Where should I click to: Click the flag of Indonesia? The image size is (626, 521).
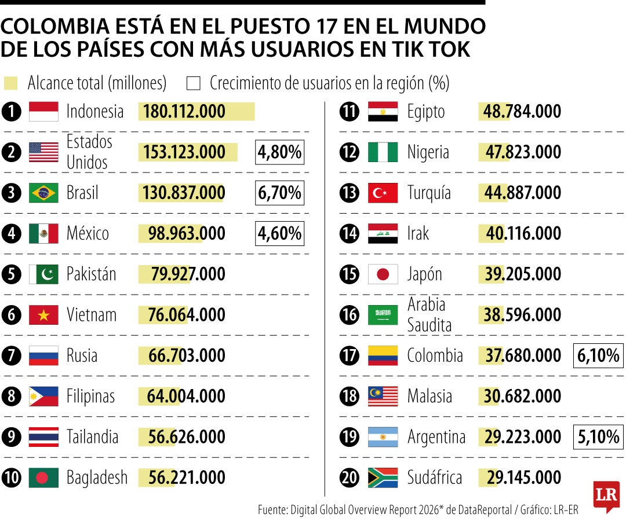pyautogui.click(x=43, y=111)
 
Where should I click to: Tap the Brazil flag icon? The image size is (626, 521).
pyautogui.click(x=43, y=193)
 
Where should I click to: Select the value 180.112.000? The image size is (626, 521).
pyautogui.click(x=184, y=111)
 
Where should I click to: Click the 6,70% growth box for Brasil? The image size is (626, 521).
pyautogui.click(x=280, y=193)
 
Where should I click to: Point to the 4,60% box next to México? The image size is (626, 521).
pyautogui.click(x=280, y=233)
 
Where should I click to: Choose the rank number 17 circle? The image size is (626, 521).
pyautogui.click(x=350, y=355)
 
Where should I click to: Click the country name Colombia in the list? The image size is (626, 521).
pyautogui.click(x=435, y=355)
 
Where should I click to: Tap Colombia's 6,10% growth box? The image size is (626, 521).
pyautogui.click(x=598, y=355)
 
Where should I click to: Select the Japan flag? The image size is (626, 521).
pyautogui.click(x=383, y=274)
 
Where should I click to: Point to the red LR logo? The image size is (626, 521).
pyautogui.click(x=606, y=496)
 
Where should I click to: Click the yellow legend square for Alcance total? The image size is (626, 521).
pyautogui.click(x=10, y=83)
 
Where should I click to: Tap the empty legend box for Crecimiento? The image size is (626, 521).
pyautogui.click(x=194, y=83)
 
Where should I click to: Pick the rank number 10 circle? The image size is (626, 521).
pyautogui.click(x=12, y=478)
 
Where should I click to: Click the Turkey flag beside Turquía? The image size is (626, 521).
pyautogui.click(x=383, y=193)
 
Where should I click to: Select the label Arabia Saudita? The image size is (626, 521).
pyautogui.click(x=429, y=315)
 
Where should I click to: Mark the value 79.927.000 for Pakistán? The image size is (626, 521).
pyautogui.click(x=188, y=274)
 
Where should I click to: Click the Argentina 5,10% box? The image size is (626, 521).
pyautogui.click(x=598, y=437)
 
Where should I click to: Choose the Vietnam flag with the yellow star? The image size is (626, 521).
pyautogui.click(x=43, y=315)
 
